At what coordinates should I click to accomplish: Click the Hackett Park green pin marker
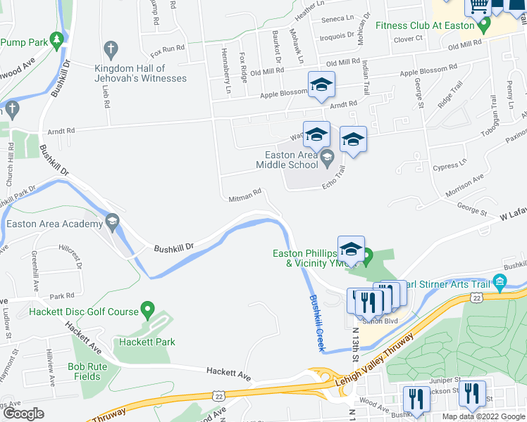click(x=147, y=309)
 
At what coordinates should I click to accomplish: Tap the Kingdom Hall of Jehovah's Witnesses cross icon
click(x=110, y=49)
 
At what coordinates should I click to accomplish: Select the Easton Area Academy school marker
click(x=112, y=223)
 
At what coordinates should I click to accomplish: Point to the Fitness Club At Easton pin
click(x=483, y=26)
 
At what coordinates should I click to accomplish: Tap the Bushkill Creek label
click(x=316, y=323)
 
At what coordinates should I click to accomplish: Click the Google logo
click(x=23, y=414)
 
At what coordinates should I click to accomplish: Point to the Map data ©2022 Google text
click(x=483, y=416)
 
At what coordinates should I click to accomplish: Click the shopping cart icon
click(x=478, y=6)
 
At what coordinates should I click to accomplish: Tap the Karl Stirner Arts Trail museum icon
click(x=500, y=283)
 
